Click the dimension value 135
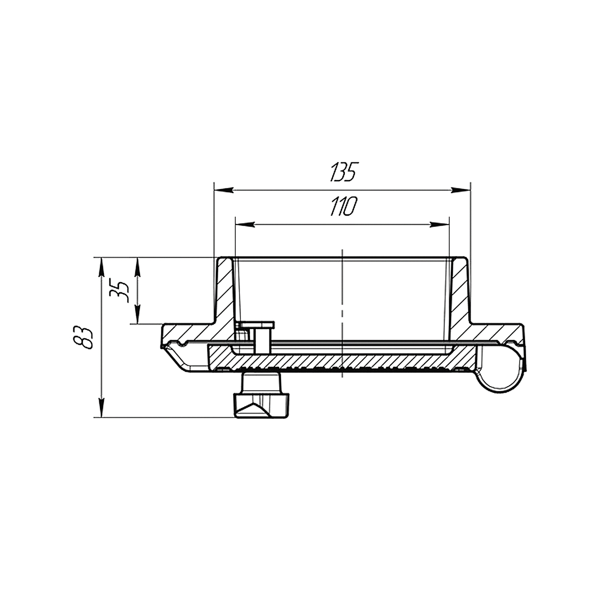pos(343,172)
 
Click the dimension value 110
pos(343,207)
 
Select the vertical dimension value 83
pos(84,337)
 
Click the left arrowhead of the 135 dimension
pos(224,190)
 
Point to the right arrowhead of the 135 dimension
pos(460,190)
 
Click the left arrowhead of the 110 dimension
pos(245,224)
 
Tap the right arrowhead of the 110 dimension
pos(440,224)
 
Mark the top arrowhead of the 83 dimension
pos(101,267)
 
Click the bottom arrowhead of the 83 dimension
pos(101,407)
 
